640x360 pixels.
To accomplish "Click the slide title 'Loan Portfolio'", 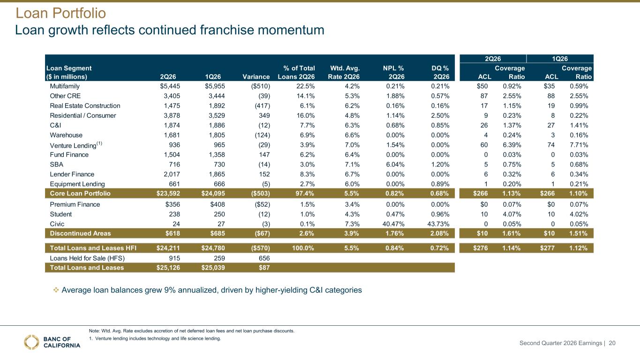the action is [x=60, y=13].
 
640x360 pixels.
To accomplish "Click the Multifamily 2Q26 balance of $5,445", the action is [x=170, y=86].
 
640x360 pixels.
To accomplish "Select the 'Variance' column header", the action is [x=256, y=76].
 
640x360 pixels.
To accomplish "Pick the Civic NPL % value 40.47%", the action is [x=393, y=224].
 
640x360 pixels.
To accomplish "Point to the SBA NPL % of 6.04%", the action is [x=395, y=165].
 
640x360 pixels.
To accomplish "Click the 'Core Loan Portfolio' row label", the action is [x=80, y=194].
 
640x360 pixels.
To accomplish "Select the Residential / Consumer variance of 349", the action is [x=264, y=115].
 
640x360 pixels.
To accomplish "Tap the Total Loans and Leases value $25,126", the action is [x=168, y=268].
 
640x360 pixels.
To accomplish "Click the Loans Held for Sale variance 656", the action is [x=264, y=258].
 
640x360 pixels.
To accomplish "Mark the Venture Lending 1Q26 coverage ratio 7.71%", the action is [x=579, y=145].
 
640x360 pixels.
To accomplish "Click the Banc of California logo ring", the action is [x=31, y=342].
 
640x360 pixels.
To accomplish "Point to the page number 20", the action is [x=612, y=343].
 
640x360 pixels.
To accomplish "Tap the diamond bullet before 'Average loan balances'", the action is [x=56, y=290].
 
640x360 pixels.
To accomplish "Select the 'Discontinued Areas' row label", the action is [x=80, y=233].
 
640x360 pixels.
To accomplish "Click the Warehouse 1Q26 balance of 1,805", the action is [x=217, y=135].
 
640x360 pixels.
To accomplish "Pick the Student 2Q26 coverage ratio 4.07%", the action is [x=512, y=214].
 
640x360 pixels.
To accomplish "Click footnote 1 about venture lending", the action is [x=155, y=338].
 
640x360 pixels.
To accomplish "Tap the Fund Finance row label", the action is [x=69, y=155].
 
